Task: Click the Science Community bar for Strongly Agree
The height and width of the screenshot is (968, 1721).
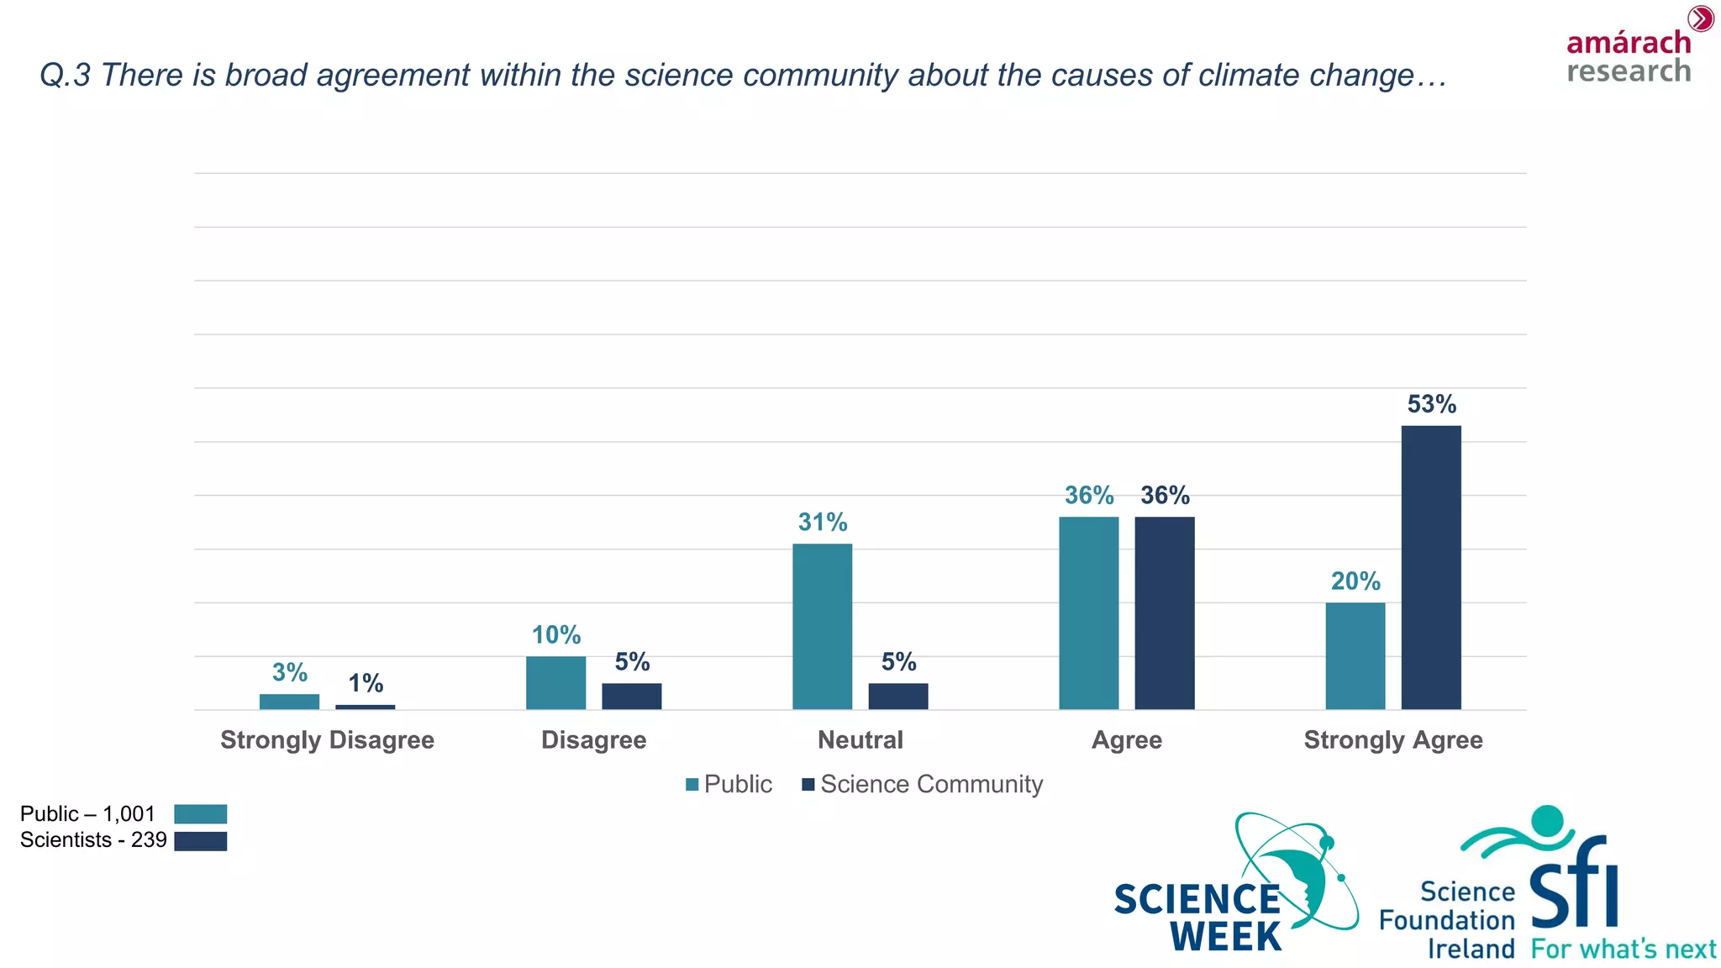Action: point(1430,567)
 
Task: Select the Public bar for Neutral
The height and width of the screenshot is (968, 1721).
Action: point(822,626)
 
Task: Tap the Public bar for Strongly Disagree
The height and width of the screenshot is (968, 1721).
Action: point(289,702)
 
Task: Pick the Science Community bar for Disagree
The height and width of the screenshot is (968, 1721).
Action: point(631,696)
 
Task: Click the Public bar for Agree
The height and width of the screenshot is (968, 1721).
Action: point(1088,613)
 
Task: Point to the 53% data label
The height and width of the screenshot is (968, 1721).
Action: point(1431,404)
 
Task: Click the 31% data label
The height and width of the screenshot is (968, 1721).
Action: point(822,523)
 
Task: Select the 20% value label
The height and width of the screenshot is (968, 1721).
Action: point(1355,581)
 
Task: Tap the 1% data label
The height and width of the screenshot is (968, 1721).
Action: point(366,683)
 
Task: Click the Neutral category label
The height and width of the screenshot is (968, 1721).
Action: point(860,740)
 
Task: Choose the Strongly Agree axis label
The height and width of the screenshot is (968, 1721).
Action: point(1392,740)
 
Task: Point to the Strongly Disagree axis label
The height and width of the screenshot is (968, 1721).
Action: point(327,740)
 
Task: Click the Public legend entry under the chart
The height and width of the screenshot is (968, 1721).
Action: point(729,784)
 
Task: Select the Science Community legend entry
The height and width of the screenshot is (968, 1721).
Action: point(923,784)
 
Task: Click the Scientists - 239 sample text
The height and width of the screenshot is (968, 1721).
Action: point(93,840)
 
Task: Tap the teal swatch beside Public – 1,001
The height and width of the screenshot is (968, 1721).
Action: point(200,814)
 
